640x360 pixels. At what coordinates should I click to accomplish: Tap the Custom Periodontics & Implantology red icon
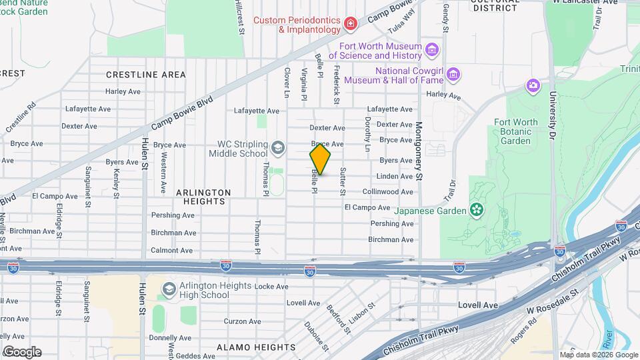tap(351, 25)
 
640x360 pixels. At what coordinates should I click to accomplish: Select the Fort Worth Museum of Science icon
tap(432, 50)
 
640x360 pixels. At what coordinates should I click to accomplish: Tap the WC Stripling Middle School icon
tap(278, 148)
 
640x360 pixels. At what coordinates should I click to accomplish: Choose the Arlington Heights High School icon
tap(169, 289)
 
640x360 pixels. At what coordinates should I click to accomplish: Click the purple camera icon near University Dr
tap(533, 85)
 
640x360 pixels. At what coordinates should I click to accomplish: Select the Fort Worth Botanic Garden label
tap(515, 131)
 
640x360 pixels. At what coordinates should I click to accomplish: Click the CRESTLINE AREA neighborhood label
tap(145, 75)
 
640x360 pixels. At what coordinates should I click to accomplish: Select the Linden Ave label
tap(395, 177)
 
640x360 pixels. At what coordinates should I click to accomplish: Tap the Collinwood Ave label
tap(387, 192)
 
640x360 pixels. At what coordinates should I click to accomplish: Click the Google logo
tap(21, 352)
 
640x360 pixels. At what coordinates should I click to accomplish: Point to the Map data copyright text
tap(598, 355)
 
